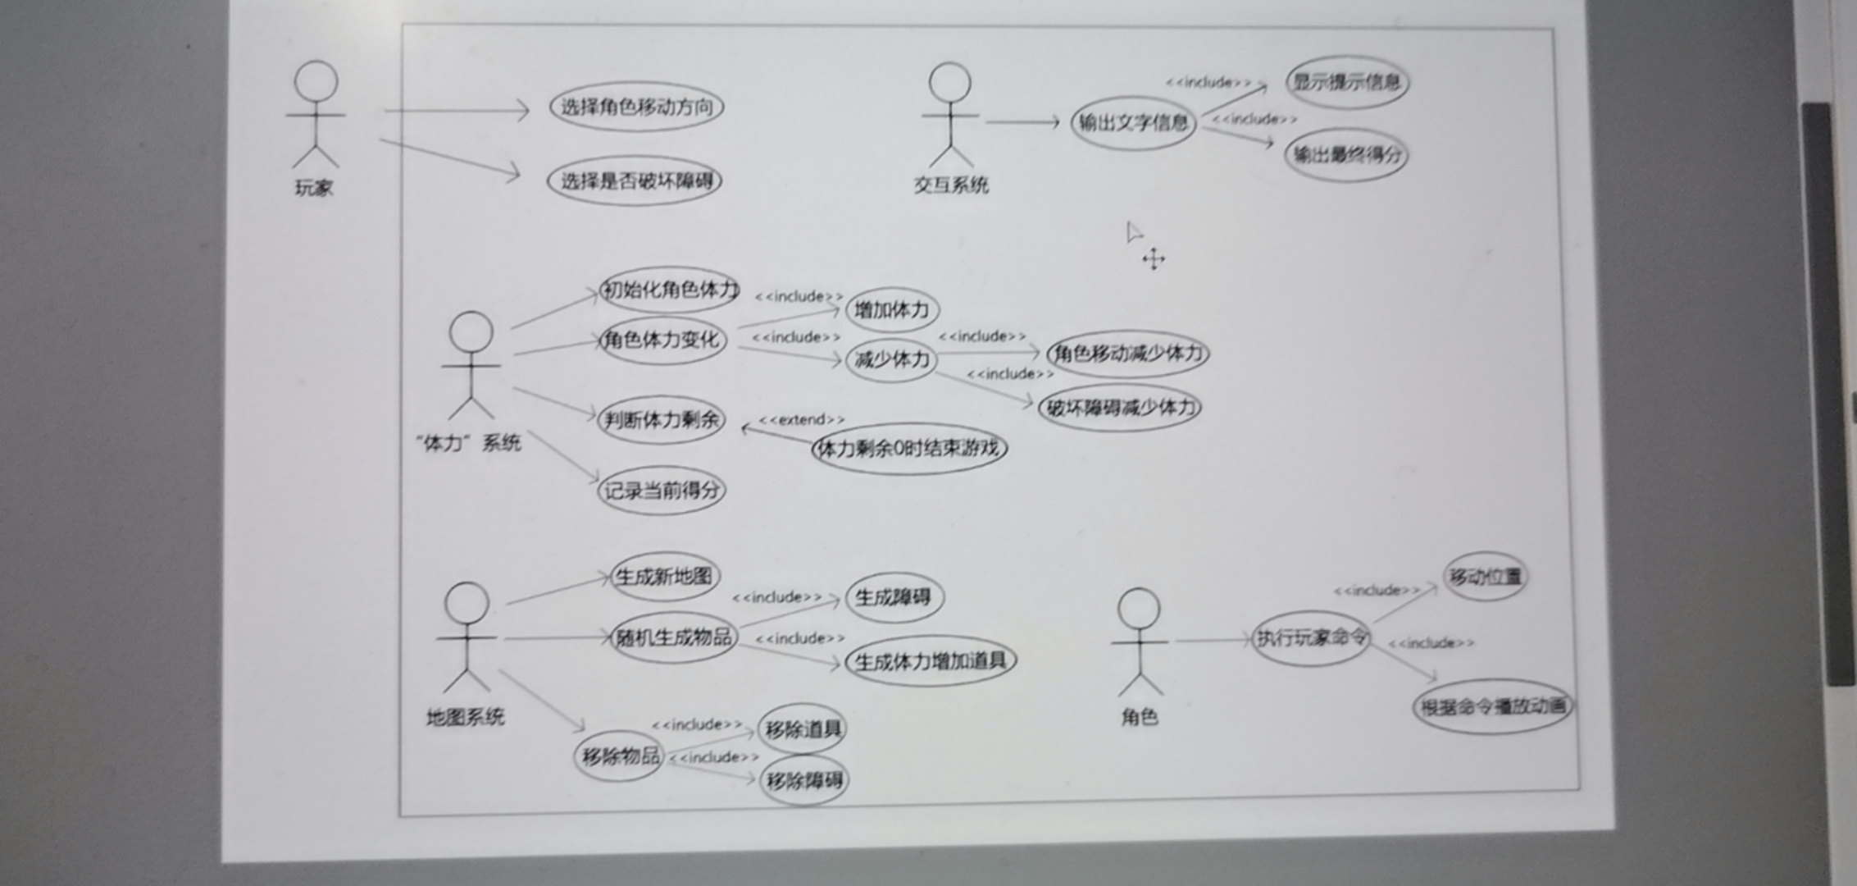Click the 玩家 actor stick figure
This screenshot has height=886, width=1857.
click(316, 115)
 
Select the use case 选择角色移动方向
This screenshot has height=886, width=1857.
click(636, 107)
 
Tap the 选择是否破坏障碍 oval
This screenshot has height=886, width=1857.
click(635, 180)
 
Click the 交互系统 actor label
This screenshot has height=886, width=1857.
click(951, 185)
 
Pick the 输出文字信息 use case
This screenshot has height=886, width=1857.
click(1133, 123)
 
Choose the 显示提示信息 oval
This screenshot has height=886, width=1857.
click(1346, 82)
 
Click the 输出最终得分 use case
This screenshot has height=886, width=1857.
click(1346, 154)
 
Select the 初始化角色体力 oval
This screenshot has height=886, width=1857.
click(669, 290)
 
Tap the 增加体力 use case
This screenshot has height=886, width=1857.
click(892, 310)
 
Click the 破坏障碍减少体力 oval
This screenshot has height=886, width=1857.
click(1120, 408)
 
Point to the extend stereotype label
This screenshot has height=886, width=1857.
click(801, 420)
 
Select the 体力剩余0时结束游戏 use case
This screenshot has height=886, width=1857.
click(909, 449)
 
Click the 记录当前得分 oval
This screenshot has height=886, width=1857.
click(662, 491)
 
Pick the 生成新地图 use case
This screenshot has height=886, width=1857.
click(664, 577)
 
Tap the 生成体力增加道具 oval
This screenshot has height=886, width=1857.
click(931, 661)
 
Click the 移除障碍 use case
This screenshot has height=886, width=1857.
click(804, 780)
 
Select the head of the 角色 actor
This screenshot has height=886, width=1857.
click(1139, 609)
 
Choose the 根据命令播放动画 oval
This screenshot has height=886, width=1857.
click(1492, 706)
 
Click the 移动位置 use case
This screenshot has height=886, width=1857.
click(1485, 577)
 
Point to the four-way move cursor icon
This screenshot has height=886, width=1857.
click(1154, 259)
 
